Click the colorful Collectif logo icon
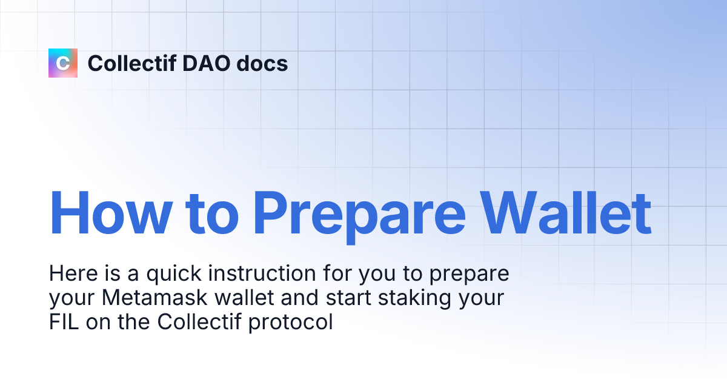click(63, 63)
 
